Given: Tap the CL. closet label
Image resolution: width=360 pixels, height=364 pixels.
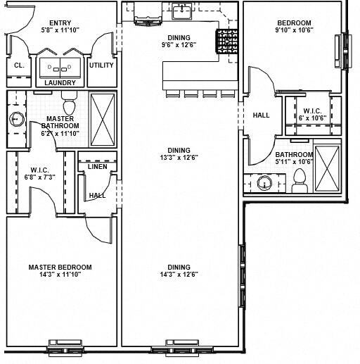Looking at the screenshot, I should [x=18, y=65].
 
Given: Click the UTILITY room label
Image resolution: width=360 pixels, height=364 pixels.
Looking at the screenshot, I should [x=101, y=65].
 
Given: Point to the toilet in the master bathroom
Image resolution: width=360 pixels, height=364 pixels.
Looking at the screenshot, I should [x=69, y=106].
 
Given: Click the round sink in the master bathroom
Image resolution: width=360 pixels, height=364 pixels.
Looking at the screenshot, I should [x=16, y=120].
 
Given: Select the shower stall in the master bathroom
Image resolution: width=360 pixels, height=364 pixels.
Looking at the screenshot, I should [x=103, y=119].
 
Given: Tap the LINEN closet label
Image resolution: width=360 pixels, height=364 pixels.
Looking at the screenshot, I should [x=97, y=167].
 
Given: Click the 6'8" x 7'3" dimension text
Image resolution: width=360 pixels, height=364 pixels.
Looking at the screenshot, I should [x=39, y=177].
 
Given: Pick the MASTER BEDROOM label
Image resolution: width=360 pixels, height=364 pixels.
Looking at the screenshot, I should [x=60, y=267].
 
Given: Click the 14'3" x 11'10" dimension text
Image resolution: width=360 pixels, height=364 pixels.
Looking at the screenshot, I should [x=60, y=275].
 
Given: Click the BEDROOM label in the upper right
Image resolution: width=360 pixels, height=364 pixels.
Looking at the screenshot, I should [x=293, y=22].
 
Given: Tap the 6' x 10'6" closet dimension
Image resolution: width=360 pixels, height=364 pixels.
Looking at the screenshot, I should [x=312, y=118].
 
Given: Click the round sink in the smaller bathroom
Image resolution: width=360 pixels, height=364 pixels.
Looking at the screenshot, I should [x=265, y=184].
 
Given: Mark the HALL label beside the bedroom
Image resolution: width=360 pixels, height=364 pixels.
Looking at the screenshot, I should [x=261, y=115].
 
